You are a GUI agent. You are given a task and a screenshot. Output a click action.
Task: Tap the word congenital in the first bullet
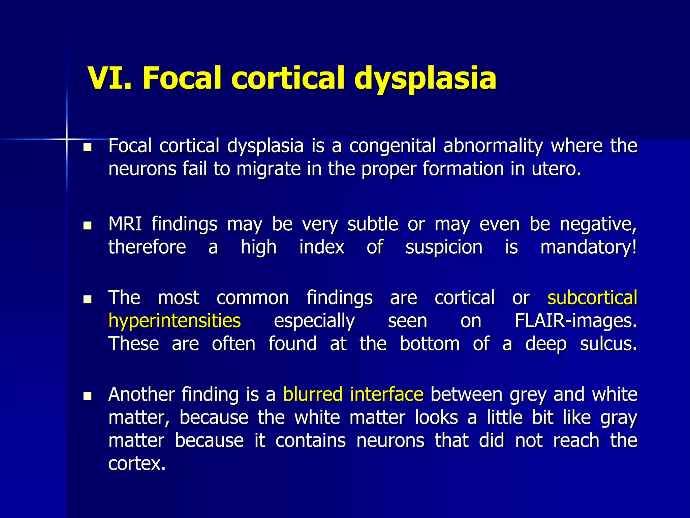(x=392, y=146)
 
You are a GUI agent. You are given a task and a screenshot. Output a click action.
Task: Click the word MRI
(x=125, y=224)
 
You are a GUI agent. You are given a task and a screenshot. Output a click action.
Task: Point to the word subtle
(x=373, y=224)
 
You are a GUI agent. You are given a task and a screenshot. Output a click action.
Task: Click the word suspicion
(x=444, y=247)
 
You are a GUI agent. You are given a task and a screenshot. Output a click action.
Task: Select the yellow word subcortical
(x=592, y=298)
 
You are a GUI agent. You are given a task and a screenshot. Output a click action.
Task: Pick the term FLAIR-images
(x=576, y=321)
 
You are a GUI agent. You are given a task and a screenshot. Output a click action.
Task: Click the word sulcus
(x=608, y=344)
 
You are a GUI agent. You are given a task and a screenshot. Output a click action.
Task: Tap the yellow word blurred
(x=313, y=394)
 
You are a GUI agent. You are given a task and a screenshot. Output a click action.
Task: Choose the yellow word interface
(x=386, y=394)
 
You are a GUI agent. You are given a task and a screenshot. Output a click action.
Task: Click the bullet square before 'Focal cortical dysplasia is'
(x=88, y=147)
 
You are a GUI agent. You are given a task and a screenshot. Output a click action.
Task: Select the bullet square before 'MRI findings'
(x=88, y=225)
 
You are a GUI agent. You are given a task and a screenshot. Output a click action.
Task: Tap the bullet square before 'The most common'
(x=88, y=299)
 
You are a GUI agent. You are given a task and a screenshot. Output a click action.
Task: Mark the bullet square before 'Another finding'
(x=88, y=396)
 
